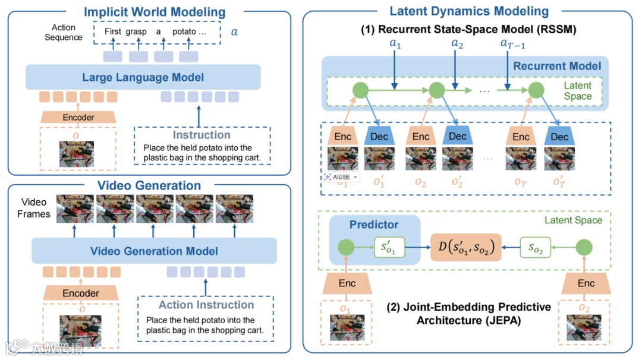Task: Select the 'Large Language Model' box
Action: [x=143, y=77]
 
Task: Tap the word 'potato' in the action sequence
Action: [x=184, y=31]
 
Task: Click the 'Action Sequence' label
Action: [x=64, y=32]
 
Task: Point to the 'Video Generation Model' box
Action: [x=153, y=251]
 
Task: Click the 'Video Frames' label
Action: [x=34, y=209]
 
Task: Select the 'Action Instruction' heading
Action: [x=206, y=305]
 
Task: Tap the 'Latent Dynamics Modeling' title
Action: [x=468, y=11]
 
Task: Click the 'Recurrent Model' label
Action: [x=557, y=66]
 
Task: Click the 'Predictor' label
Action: [x=374, y=225]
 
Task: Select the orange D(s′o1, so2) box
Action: [x=465, y=247]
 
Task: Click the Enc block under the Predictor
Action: [x=347, y=283]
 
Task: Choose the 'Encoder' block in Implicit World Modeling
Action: [x=78, y=117]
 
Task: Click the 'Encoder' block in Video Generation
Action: [x=81, y=293]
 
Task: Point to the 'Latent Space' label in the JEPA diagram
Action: [x=573, y=220]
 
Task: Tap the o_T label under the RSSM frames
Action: [x=520, y=182]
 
